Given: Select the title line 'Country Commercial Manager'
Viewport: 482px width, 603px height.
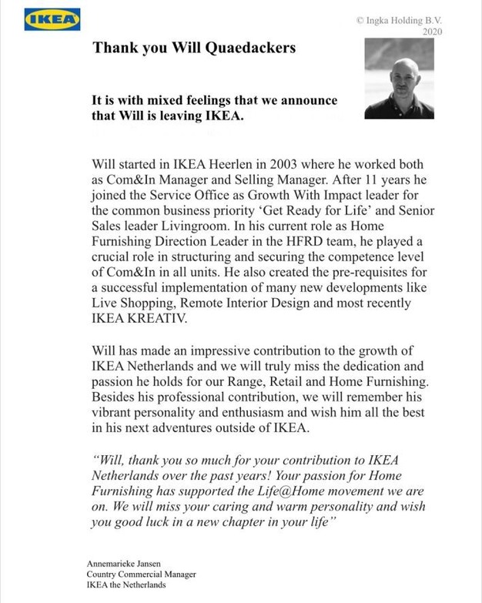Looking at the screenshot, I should (141, 575).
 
